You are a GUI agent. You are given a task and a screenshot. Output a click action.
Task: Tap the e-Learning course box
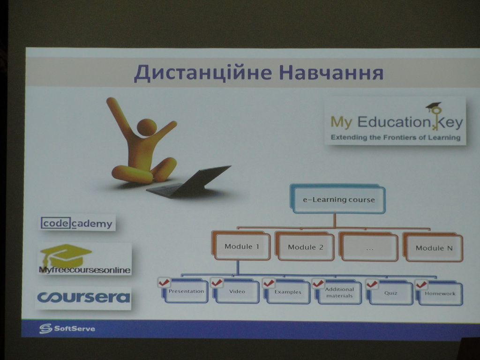tap(337, 199)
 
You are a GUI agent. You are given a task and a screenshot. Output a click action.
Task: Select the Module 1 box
tap(241, 246)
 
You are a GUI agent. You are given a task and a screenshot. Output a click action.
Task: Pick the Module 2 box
tap(305, 247)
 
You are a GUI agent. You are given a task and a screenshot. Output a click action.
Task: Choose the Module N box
tap(433, 247)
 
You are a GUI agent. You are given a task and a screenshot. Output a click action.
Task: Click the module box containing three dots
tap(369, 247)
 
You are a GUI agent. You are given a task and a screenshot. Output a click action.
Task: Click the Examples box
tap(287, 292)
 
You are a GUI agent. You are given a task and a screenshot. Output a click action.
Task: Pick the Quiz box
tap(390, 293)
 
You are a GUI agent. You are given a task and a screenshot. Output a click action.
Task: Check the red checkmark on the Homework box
tap(421, 285)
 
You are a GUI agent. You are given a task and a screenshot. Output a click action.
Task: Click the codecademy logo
tap(78, 223)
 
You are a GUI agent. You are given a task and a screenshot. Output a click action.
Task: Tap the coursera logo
tap(83, 298)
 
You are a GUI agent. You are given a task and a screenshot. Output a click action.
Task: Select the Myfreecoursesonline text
tap(84, 270)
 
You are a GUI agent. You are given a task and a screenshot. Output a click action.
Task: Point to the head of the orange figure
tap(147, 127)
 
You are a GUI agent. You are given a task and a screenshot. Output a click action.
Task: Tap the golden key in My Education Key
tap(435, 116)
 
